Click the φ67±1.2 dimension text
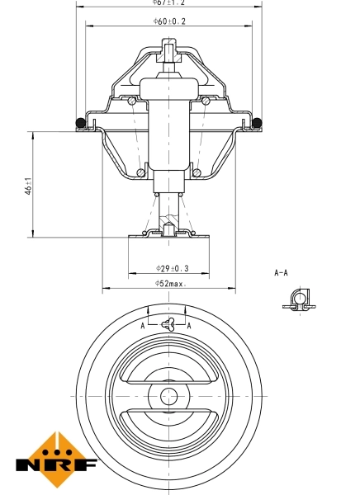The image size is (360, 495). (168, 3)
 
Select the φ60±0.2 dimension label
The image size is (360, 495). (168, 21)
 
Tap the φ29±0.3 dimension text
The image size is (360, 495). (171, 269)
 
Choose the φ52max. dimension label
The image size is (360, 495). (170, 284)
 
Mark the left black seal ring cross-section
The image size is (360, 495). (80, 124)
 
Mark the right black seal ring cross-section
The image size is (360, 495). (257, 124)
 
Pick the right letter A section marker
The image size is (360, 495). (189, 326)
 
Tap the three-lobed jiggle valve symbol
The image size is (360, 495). (168, 324)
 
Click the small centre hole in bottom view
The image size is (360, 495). (168, 395)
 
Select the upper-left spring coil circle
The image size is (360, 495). (133, 101)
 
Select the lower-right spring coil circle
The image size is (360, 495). (198, 172)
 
